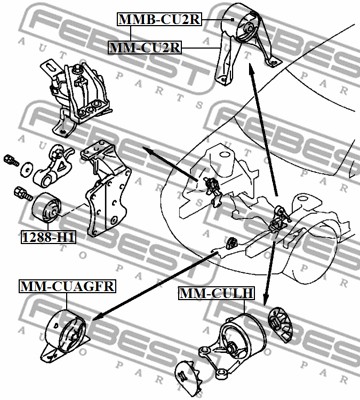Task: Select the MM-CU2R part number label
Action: [144, 47]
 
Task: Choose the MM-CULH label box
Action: [216, 294]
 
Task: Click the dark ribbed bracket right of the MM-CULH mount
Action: [279, 330]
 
